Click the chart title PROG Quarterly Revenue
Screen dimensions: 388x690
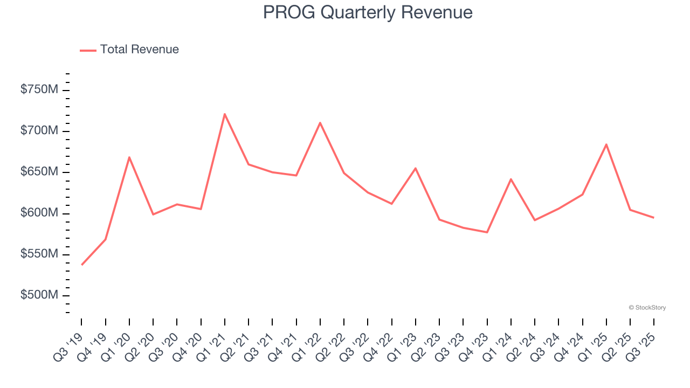368,12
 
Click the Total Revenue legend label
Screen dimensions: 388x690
139,50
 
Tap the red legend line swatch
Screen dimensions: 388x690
88,50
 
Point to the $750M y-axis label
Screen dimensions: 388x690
39,89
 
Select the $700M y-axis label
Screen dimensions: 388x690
39,131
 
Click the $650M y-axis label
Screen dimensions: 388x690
39,172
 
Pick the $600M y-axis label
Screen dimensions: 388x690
39,213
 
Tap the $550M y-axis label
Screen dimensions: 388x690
39,254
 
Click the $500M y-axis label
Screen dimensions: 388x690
39,295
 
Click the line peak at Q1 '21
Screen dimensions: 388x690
225,114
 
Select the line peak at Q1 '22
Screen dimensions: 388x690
320,123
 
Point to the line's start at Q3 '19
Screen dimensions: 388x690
82,265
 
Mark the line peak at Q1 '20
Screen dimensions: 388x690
129,157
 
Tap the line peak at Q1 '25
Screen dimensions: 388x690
606,144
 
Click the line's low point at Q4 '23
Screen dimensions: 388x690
487,232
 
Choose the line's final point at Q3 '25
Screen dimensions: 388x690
654,218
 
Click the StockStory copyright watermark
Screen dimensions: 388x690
647,308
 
